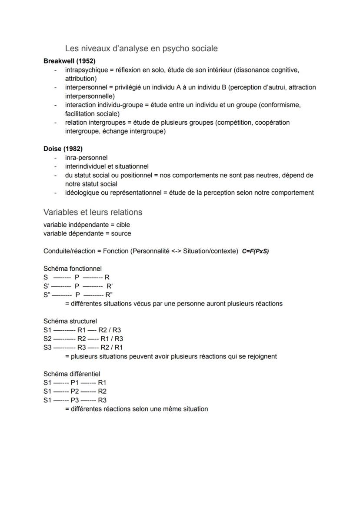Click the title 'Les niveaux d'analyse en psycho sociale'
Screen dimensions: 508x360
[x=141, y=49]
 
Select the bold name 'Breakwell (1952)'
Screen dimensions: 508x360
[x=70, y=61]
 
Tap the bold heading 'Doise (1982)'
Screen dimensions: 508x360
[x=63, y=149]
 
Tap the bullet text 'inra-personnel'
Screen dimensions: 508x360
[x=86, y=158]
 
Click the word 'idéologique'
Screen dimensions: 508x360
[x=82, y=193]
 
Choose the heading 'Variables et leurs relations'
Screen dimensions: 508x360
[x=93, y=212]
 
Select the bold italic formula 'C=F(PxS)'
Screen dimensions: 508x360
[x=255, y=251]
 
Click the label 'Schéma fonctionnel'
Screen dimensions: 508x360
[x=73, y=269]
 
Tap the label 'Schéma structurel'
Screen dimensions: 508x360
[x=70, y=321]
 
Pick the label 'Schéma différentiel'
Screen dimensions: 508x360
[x=72, y=374]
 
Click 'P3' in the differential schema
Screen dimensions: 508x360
[x=75, y=400]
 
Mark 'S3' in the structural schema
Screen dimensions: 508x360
[x=47, y=347]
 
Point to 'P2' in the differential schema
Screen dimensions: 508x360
[x=75, y=391]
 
